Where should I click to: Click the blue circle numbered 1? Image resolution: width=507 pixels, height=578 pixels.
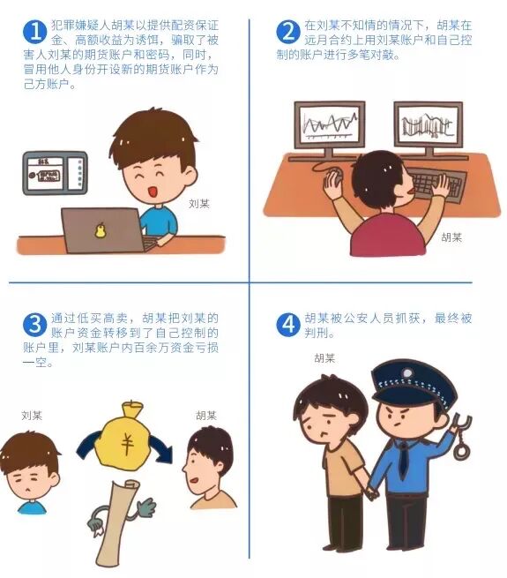point(34,32)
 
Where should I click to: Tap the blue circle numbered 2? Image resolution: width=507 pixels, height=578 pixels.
point(288,32)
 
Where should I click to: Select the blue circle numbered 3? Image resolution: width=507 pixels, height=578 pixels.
point(34,325)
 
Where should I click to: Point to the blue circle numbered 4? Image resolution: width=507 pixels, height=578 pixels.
point(288,325)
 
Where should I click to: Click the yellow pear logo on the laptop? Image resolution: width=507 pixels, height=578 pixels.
point(100,230)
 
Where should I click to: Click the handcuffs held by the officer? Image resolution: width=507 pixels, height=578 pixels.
point(461,437)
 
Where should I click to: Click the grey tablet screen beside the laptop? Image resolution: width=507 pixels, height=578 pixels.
point(56,173)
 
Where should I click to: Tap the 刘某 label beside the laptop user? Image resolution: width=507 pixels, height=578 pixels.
point(199,204)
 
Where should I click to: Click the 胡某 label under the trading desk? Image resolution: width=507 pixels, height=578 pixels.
point(451,237)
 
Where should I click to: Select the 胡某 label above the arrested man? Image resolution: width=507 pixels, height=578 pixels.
point(324,358)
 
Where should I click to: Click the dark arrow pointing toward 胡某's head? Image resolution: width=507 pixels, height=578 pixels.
point(161,448)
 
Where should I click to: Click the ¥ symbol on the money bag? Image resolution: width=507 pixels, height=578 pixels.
point(128,444)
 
